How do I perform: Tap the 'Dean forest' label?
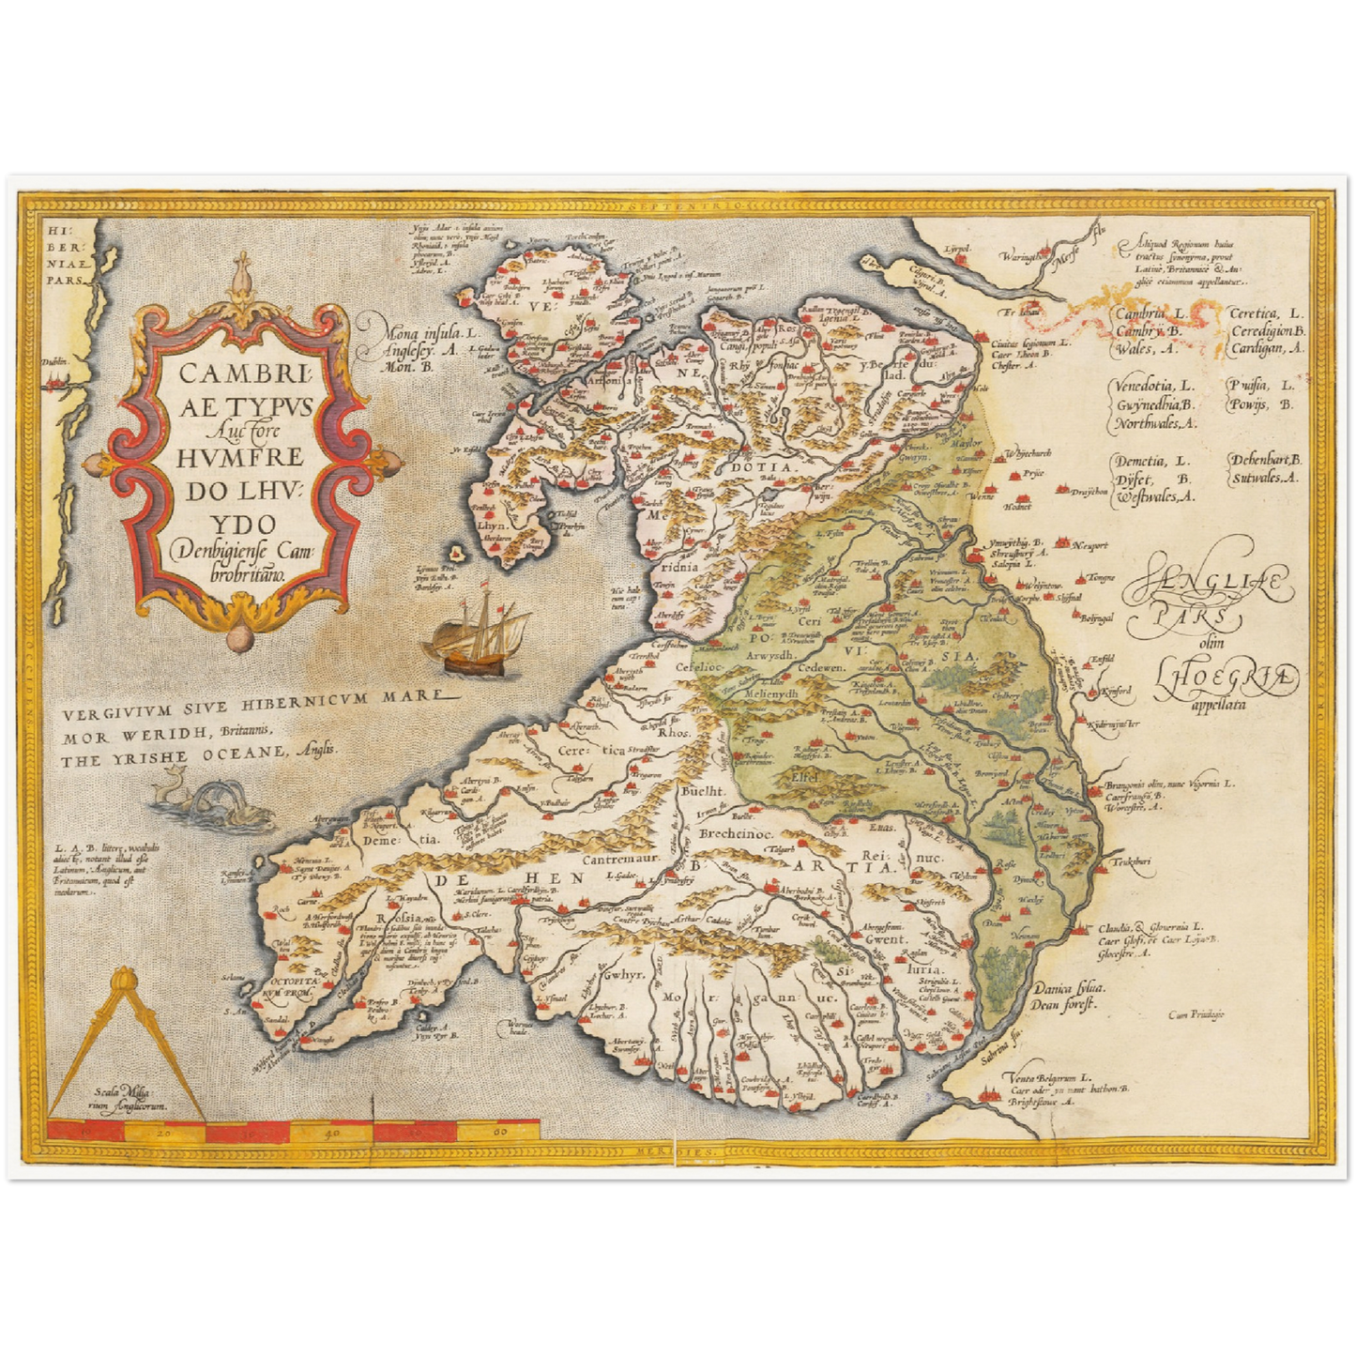[x=1066, y=1000]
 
